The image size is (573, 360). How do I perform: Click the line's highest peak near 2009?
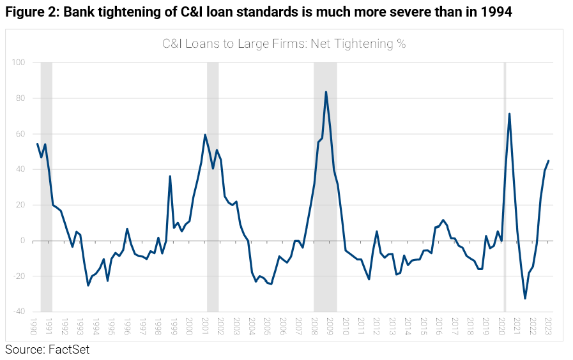click(x=326, y=92)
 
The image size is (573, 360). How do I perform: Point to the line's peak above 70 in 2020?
click(x=509, y=114)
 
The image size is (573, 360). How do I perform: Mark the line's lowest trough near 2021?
click(x=525, y=299)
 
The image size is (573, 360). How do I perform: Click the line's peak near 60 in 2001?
click(x=204, y=135)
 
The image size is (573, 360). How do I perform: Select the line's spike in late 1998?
click(x=170, y=176)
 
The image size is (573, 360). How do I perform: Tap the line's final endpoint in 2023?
click(x=548, y=161)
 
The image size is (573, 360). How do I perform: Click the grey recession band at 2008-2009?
click(x=325, y=191)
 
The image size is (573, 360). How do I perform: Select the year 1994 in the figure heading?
click(x=496, y=13)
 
